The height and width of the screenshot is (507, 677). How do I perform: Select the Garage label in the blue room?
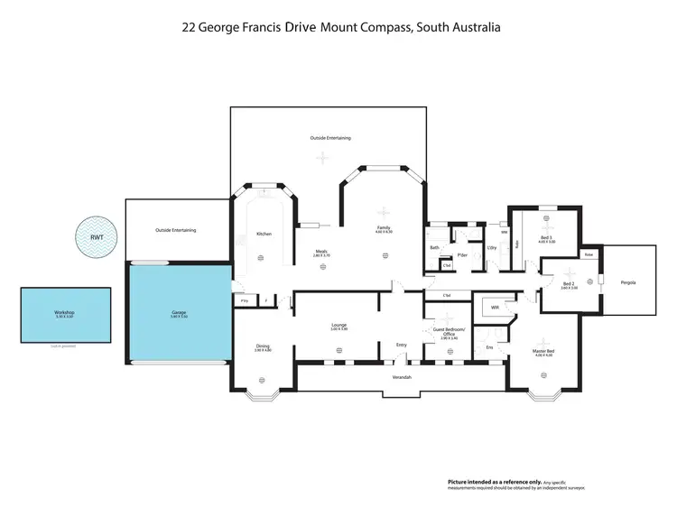pos(179,313)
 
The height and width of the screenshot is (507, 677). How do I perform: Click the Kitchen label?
pos(264,234)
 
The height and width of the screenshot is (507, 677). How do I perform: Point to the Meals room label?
pos(320,252)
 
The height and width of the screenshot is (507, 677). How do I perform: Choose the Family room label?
pos(383,227)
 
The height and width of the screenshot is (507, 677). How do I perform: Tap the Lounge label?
pos(338,325)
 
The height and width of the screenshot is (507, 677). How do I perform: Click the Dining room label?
pos(262,346)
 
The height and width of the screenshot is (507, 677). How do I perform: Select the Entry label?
pos(403,344)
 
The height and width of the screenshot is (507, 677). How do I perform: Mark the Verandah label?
pos(402,376)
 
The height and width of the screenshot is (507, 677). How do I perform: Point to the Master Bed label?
pos(544,350)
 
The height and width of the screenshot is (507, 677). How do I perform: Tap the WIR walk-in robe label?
pos(495,308)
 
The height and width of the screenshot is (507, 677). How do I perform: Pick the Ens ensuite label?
pos(489,346)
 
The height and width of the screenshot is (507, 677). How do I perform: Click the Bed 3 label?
pos(544,237)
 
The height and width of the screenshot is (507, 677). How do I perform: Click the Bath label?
pos(434,247)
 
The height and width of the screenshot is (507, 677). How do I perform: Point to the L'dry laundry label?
pos(492,247)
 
